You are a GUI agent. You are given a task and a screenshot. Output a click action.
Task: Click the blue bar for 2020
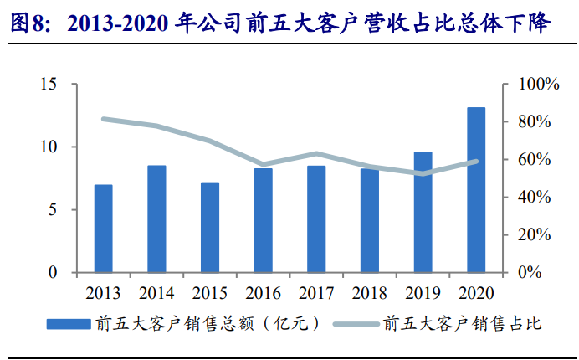point(476,190)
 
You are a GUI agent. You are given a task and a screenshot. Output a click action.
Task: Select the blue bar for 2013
point(104,229)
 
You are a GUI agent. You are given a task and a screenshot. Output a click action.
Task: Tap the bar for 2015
point(210,228)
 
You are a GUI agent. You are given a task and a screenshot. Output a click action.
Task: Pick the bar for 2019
point(423,212)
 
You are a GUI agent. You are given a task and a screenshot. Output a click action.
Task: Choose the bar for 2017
point(316,219)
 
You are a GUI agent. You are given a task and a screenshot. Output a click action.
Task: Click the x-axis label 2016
point(263,294)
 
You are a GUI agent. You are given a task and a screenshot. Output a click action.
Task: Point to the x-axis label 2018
point(369,294)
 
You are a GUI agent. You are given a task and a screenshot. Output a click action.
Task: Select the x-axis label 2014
point(156,294)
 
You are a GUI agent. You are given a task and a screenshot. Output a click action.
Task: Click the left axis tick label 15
point(49,85)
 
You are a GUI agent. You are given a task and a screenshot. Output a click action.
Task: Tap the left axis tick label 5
point(53,210)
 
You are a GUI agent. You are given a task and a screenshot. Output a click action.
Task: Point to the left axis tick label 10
point(49,147)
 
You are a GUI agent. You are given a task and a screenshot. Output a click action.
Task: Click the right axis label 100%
point(539,85)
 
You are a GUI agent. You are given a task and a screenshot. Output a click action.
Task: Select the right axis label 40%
point(535,198)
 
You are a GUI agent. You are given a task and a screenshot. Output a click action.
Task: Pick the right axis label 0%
point(530,273)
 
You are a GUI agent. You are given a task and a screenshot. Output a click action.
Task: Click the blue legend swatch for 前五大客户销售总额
point(69,324)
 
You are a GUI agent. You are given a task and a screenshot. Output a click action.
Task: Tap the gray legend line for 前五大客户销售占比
point(356,324)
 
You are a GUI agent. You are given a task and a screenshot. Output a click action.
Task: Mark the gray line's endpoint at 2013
point(104,119)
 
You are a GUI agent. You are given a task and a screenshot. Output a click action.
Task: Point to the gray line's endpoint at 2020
point(476,162)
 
